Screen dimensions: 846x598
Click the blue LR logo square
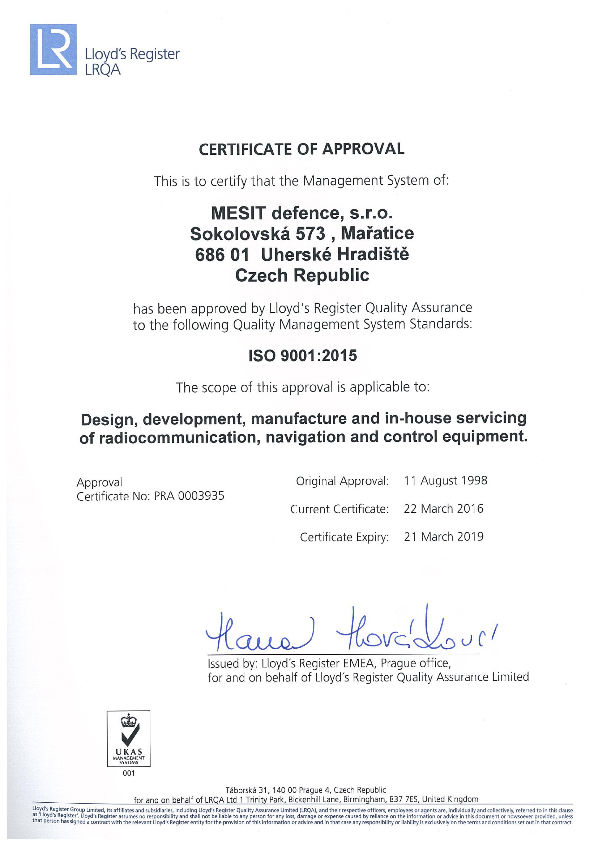click(x=53, y=49)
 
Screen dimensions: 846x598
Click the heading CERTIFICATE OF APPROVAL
click(x=301, y=149)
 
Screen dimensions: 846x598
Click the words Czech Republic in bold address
click(x=302, y=275)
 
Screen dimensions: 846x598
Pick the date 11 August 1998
click(x=445, y=480)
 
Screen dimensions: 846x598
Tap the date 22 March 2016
click(x=443, y=509)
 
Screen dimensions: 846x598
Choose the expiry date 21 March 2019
click(x=443, y=537)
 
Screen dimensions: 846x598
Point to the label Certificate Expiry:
click(x=344, y=537)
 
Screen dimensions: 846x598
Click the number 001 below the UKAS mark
click(x=128, y=773)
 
